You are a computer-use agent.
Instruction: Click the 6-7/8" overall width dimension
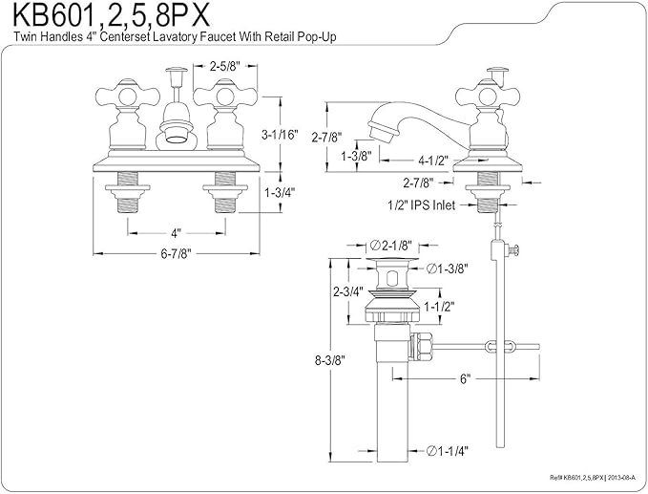(x=177, y=253)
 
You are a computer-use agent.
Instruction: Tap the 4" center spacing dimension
(x=177, y=233)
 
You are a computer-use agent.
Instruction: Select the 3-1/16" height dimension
(x=280, y=135)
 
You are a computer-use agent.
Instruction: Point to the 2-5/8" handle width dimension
(x=225, y=66)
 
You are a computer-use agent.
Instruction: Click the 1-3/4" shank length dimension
(x=281, y=192)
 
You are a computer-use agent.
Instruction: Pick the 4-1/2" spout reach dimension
(x=433, y=161)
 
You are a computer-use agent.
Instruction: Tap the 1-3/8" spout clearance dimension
(x=356, y=156)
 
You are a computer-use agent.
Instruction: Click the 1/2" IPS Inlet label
(x=421, y=204)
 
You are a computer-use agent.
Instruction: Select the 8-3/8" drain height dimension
(x=330, y=360)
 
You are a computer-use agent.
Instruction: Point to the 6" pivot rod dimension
(x=466, y=378)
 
